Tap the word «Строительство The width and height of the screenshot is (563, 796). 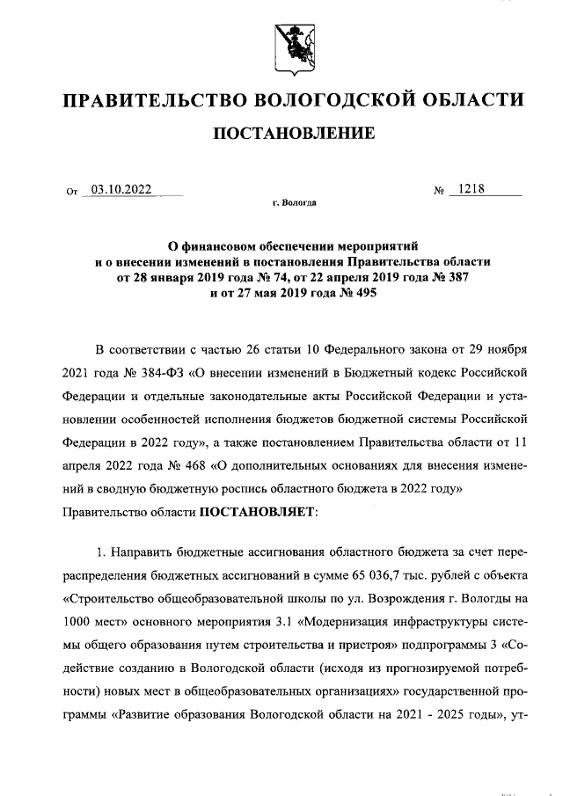pyautogui.click(x=109, y=599)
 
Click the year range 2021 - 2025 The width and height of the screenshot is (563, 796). pyautogui.click(x=445, y=713)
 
